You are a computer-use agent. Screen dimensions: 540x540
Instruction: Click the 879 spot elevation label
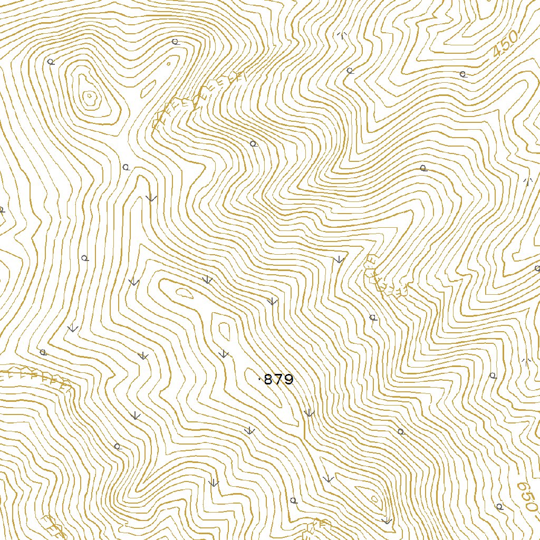[278, 380]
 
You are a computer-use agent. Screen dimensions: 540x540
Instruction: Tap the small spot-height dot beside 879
[259, 379]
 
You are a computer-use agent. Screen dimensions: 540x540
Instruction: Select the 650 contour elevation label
[527, 496]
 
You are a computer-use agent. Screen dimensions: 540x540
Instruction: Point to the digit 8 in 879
[268, 380]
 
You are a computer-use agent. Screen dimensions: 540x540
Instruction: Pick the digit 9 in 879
[288, 380]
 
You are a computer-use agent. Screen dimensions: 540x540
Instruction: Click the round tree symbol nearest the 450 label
[462, 74]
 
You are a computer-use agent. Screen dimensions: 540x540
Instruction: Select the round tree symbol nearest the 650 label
[499, 506]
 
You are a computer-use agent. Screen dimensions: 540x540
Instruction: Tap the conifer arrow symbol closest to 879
[224, 353]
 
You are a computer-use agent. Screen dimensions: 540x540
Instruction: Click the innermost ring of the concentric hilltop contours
[90, 96]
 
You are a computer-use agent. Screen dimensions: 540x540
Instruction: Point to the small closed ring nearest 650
[374, 498]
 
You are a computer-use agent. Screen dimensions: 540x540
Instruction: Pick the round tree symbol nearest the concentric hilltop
[51, 62]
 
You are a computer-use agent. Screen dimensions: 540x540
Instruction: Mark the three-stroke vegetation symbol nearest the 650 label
[525, 361]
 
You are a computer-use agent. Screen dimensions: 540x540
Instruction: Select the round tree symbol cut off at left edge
[1, 210]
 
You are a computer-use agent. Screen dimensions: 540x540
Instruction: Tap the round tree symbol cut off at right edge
[537, 268]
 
